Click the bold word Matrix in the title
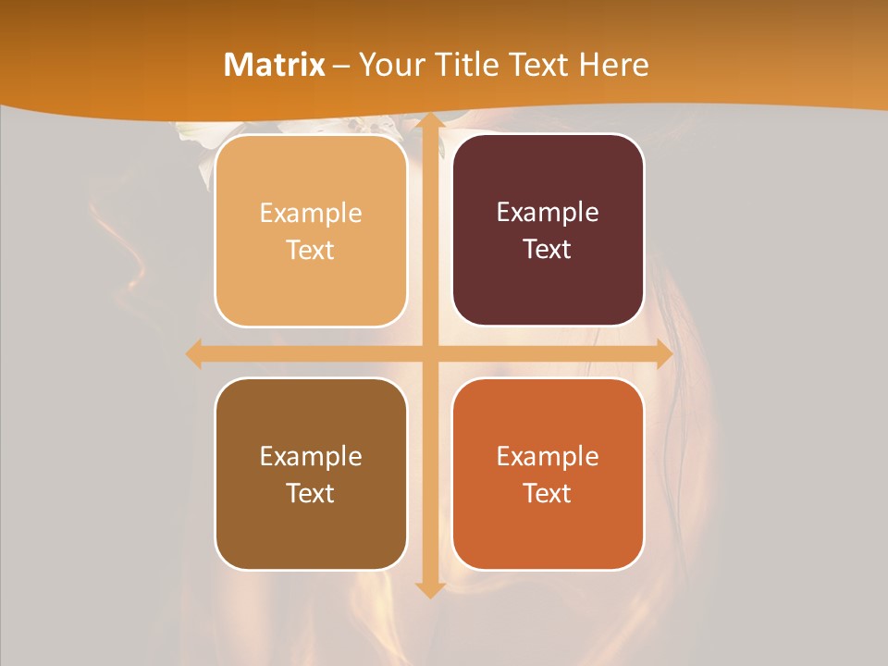(275, 65)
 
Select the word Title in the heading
(471, 65)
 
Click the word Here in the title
(614, 65)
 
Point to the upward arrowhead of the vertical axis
(428, 123)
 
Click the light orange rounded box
(311, 231)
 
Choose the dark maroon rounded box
(548, 230)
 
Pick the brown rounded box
(311, 474)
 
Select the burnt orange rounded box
(548, 474)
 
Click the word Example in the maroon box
(548, 213)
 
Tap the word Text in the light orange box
(311, 251)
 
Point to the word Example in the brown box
(311, 456)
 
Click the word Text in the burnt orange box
(548, 493)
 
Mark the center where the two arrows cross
(428, 353)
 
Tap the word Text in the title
(539, 65)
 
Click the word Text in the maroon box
(548, 250)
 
